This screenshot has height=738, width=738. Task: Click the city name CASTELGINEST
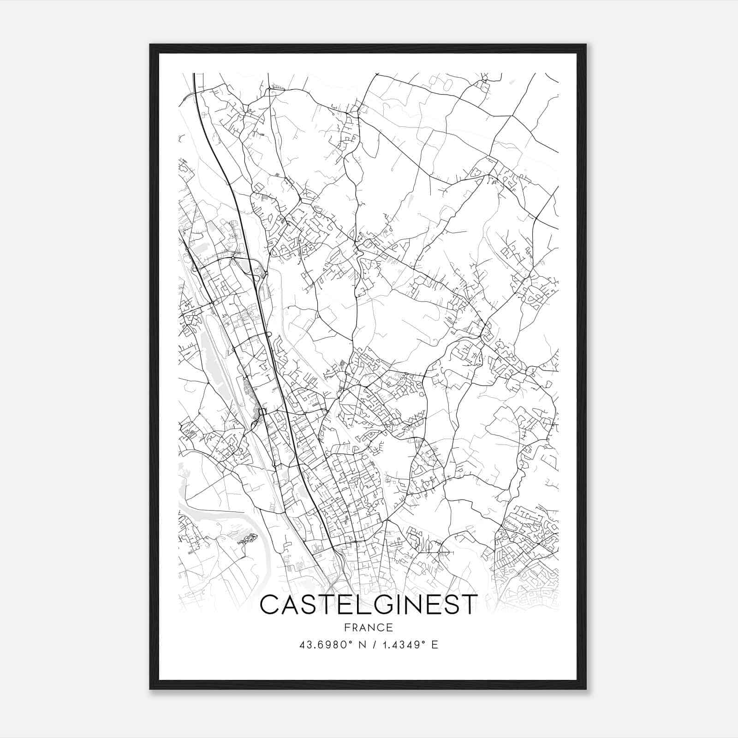pos(368,605)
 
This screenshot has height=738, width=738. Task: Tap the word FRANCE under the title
pos(368,627)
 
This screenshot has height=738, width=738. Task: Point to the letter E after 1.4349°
pos(434,644)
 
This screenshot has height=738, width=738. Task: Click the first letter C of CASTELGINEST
pos(271,605)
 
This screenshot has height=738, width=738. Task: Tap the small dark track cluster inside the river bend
pos(248,538)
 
